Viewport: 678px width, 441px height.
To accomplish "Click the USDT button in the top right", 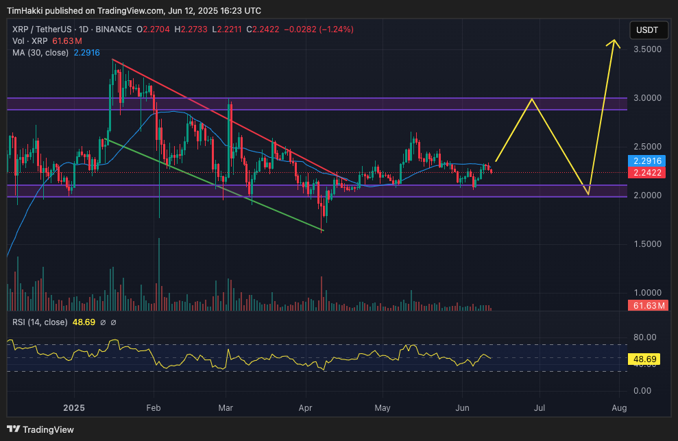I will (647, 30).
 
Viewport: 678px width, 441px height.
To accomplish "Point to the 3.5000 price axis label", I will (646, 50).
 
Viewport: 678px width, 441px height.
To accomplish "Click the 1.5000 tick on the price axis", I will (646, 244).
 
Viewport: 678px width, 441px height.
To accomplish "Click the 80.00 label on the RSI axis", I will (644, 337).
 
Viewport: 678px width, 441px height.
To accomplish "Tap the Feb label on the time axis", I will (153, 408).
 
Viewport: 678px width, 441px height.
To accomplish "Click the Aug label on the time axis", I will (619, 408).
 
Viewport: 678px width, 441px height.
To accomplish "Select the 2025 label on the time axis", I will (73, 408).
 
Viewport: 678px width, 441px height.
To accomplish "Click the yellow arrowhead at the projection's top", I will (614, 43).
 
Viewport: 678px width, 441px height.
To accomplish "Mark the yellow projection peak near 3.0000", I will (532, 99).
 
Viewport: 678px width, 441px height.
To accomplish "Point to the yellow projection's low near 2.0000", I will (588, 194).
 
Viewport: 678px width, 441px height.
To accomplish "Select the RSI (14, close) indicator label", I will (40, 322).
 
